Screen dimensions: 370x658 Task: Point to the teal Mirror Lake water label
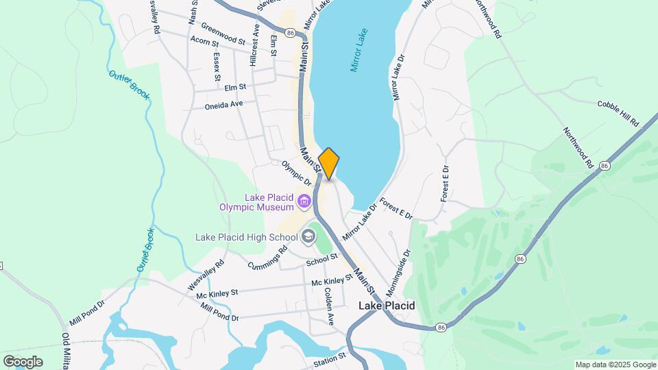point(360,51)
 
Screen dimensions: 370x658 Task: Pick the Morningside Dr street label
point(402,264)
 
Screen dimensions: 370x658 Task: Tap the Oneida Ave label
point(224,105)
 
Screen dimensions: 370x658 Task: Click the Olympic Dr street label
point(297,174)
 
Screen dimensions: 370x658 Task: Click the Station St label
point(329,360)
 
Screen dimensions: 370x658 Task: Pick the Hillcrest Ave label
point(255,42)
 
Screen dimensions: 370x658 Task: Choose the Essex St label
point(217,66)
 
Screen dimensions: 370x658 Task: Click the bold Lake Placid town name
point(387,306)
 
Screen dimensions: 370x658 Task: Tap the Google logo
point(23,361)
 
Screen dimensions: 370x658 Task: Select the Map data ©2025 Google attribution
point(615,365)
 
